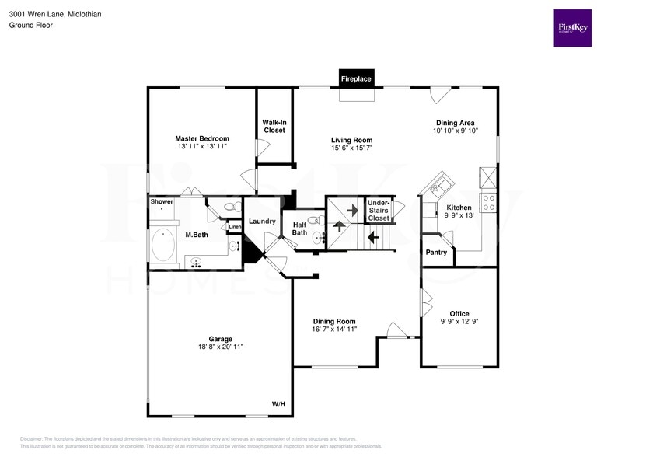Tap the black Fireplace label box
tap(357, 78)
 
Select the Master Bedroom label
tap(201, 139)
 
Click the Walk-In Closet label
tap(274, 126)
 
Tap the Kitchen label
tap(459, 208)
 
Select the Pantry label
tap(436, 252)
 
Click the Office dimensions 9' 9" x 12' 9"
tap(459, 322)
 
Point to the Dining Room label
tap(334, 321)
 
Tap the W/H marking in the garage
tap(278, 404)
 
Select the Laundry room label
tap(263, 222)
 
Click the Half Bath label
tap(299, 228)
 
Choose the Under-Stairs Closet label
tap(379, 210)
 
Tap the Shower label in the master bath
tap(162, 201)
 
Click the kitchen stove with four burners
tap(490, 203)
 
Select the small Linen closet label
tap(235, 227)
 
